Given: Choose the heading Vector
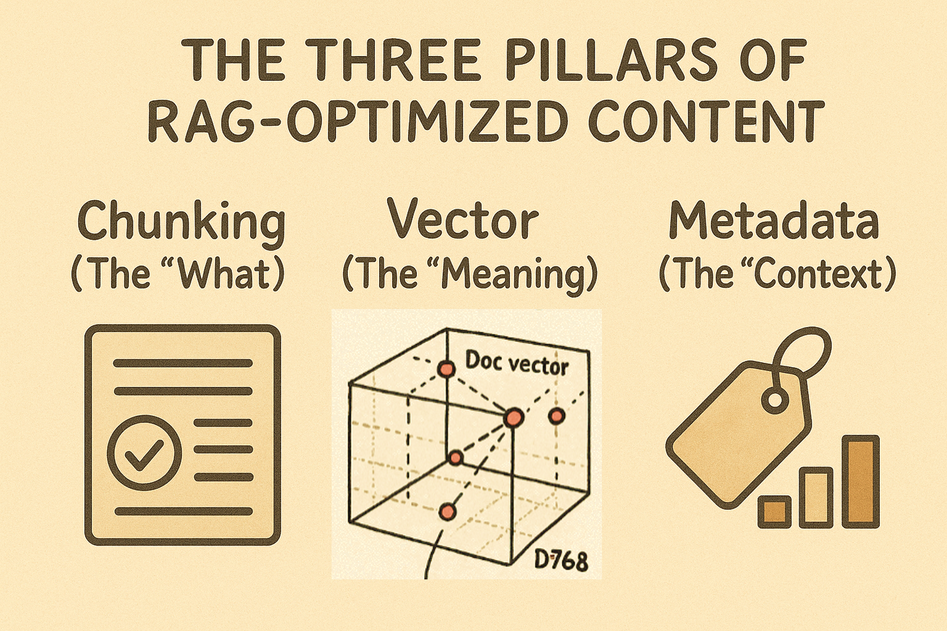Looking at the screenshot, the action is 462,220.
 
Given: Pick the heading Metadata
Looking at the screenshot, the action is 774,220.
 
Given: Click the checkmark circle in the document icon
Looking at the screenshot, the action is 145,453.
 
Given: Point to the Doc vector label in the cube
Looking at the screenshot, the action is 517,363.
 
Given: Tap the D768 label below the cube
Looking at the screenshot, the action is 560,560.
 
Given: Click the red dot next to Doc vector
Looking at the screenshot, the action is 446,369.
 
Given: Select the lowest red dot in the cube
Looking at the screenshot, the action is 447,512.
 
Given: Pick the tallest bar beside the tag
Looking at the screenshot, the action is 861,481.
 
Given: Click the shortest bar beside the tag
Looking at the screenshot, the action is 775,512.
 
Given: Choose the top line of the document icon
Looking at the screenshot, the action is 183,363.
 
